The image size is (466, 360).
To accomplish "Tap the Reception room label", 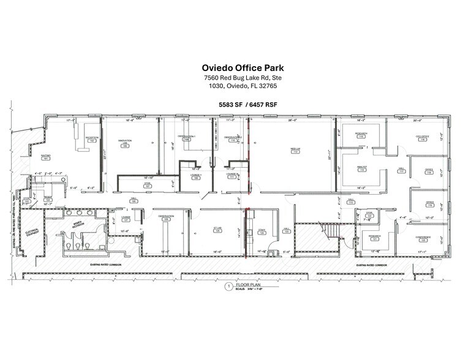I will click(92, 139).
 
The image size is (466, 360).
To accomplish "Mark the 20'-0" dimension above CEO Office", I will click(419, 120).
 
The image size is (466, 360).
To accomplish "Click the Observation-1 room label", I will click(187, 138).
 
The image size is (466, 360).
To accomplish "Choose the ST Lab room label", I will click(217, 228).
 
